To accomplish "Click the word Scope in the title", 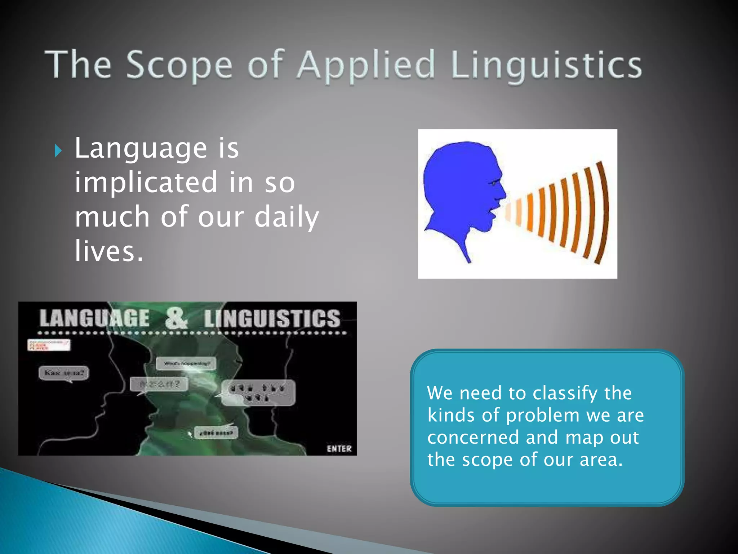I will (x=179, y=65).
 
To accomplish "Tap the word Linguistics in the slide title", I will (x=546, y=65).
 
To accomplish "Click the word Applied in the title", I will (x=366, y=65).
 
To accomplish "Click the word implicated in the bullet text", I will (x=146, y=183).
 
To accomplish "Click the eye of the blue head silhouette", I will (x=493, y=183).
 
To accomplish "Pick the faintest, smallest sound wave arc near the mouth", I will (x=508, y=212).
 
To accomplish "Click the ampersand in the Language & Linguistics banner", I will (x=176, y=318).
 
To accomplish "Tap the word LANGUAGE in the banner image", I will (x=94, y=318).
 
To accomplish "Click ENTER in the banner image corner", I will (x=339, y=449).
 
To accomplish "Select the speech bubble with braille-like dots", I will (x=258, y=392).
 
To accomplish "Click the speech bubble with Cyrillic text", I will (x=64, y=373).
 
